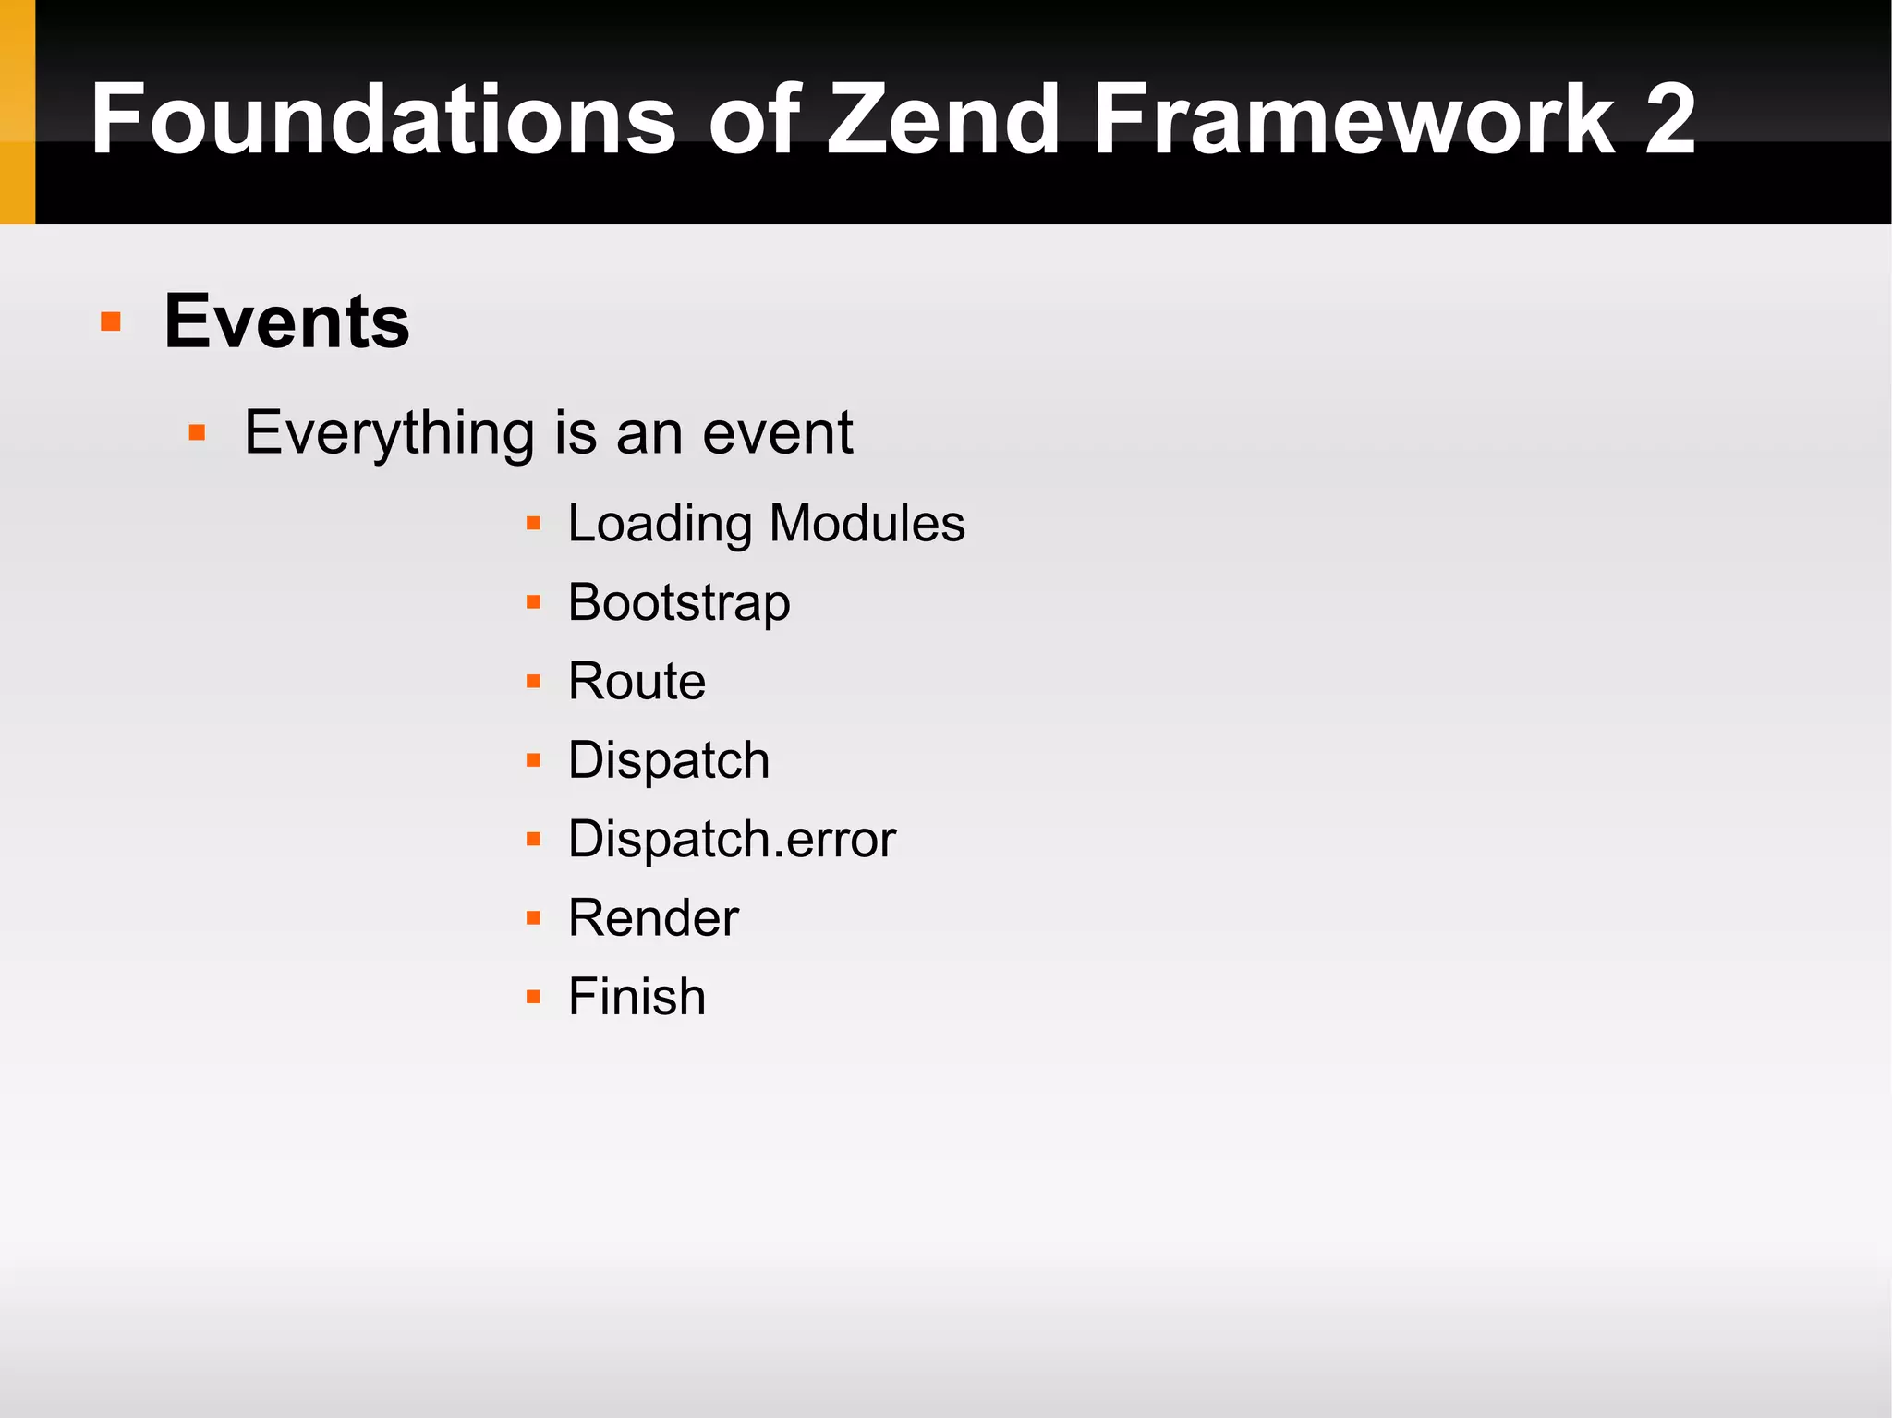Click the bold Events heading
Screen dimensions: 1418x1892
(286, 321)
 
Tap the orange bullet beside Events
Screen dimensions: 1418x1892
(111, 321)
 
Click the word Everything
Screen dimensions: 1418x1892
(389, 432)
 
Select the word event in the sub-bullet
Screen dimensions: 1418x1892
(777, 432)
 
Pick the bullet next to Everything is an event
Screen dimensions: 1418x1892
(197, 432)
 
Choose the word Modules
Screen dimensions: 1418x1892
(867, 524)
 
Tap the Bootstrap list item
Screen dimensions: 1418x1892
(679, 602)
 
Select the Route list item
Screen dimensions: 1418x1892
(637, 682)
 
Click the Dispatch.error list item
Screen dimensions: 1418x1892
(732, 839)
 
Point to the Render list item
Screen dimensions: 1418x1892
(653, 918)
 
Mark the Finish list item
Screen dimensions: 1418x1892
(637, 997)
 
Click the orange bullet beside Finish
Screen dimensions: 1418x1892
(533, 997)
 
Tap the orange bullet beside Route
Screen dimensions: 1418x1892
(533, 682)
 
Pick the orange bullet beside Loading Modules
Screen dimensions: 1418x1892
(533, 524)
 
